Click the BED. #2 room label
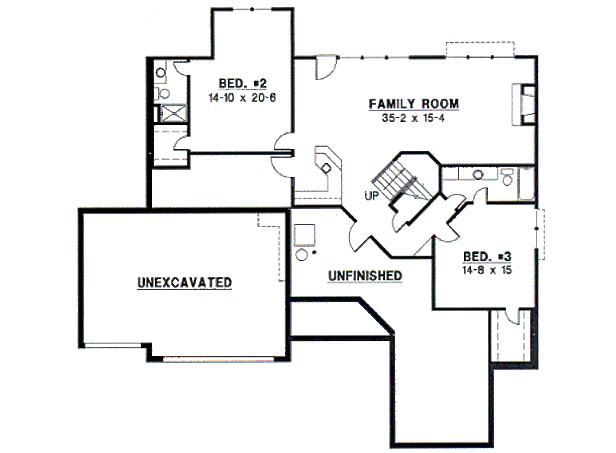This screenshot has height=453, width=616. point(242,84)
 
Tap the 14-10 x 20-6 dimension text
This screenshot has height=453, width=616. point(242,97)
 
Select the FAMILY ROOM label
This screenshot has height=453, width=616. point(414,103)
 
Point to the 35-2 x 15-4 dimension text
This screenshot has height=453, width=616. point(413,118)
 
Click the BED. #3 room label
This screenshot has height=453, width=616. point(487,256)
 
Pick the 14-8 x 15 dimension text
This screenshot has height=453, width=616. point(487,270)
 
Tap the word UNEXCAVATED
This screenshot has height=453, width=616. point(185,283)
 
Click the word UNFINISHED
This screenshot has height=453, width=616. point(365,276)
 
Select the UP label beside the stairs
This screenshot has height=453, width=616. point(371,196)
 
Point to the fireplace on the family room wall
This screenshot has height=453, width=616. point(524,105)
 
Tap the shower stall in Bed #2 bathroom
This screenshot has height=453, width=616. point(174,113)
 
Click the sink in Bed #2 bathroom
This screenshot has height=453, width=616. point(161,72)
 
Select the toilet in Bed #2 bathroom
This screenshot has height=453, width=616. point(163,93)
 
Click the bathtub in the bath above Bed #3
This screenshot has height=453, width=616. point(526,184)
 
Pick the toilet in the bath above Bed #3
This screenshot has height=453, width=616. point(508,177)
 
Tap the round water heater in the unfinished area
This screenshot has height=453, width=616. point(301,255)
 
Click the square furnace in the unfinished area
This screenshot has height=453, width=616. point(304,235)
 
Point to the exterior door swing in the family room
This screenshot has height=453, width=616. point(325,67)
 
